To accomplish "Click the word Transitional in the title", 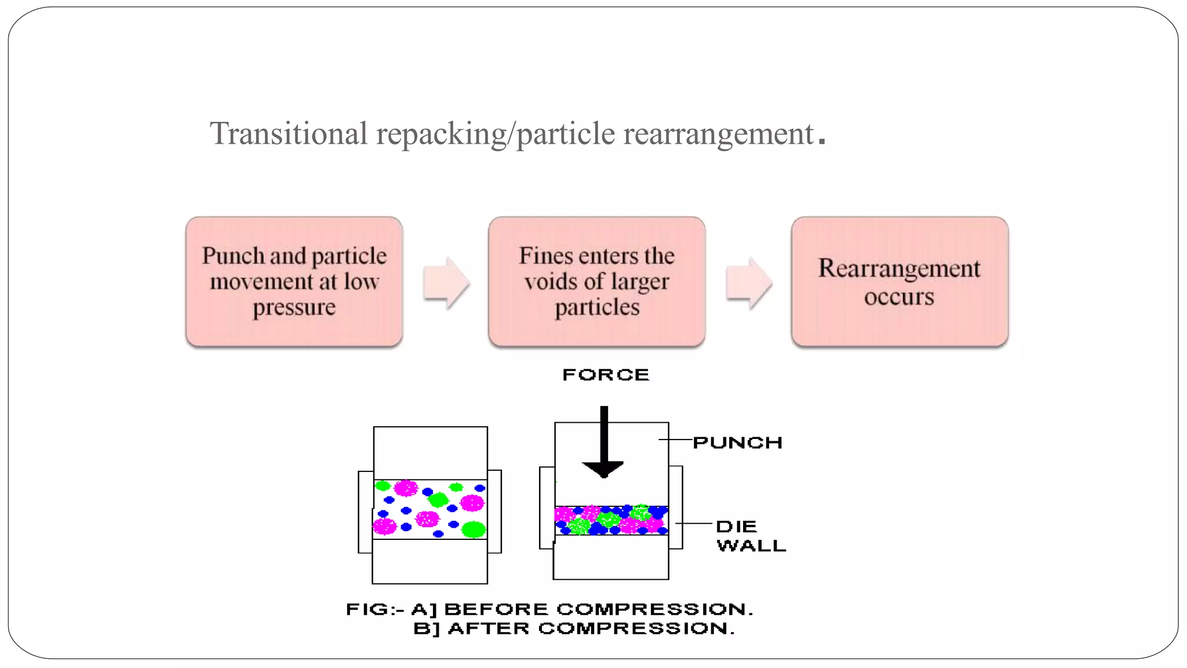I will coord(288,133).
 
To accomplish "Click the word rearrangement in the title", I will coord(718,135).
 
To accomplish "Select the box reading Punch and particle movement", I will coord(294,282).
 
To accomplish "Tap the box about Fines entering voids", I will coord(596,282).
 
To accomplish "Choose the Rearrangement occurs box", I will coord(899,282).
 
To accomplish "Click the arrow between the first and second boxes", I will coord(445,283).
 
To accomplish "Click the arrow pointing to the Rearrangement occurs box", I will coord(748,283).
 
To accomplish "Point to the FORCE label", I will coord(606,375).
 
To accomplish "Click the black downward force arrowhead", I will coord(603,469).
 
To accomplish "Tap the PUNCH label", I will coord(737,443).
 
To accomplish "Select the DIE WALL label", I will coord(750,536).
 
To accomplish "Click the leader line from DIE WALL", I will coord(694,524).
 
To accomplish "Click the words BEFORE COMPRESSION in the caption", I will coord(598,609).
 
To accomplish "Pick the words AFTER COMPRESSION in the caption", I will coord(591,629).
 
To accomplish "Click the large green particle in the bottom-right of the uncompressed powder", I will coord(474,529).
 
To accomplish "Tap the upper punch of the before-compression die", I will coord(430,453).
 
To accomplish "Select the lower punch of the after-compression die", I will coord(611,557).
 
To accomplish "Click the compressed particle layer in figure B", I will coord(611,520).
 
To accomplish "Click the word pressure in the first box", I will coord(294,307).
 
